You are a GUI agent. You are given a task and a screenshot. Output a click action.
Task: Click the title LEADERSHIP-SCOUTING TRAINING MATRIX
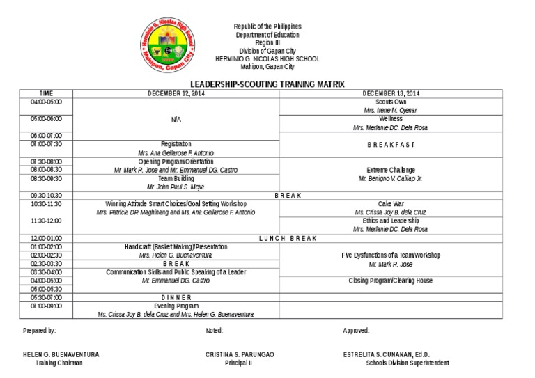pyautogui.click(x=267, y=84)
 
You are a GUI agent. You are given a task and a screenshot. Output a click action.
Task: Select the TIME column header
pyautogui.click(x=46, y=93)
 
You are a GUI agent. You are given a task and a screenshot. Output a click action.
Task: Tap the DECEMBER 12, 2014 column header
pyautogui.click(x=176, y=93)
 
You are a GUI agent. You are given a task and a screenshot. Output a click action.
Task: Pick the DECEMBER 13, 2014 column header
pyautogui.click(x=390, y=93)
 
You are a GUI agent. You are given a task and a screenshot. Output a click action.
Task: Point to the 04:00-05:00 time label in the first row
pyautogui.click(x=46, y=102)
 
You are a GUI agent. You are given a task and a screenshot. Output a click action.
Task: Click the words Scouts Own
pyautogui.click(x=390, y=102)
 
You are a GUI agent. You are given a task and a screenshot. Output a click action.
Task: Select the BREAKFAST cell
pyautogui.click(x=390, y=144)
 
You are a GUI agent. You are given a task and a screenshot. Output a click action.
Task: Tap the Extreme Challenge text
pyautogui.click(x=390, y=170)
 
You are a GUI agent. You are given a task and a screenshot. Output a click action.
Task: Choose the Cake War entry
pyautogui.click(x=390, y=204)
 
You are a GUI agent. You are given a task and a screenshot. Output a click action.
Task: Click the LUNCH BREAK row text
pyautogui.click(x=288, y=238)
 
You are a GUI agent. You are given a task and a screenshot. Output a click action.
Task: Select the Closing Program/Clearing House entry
pyautogui.click(x=390, y=281)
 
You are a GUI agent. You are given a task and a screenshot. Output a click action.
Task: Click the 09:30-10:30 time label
pyautogui.click(x=46, y=196)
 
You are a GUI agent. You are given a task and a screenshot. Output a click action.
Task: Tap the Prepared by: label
pyautogui.click(x=40, y=331)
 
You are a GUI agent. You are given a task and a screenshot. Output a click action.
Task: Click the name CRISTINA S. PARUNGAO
pyautogui.click(x=240, y=354)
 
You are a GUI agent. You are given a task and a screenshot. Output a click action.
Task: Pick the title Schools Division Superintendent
pyautogui.click(x=408, y=363)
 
